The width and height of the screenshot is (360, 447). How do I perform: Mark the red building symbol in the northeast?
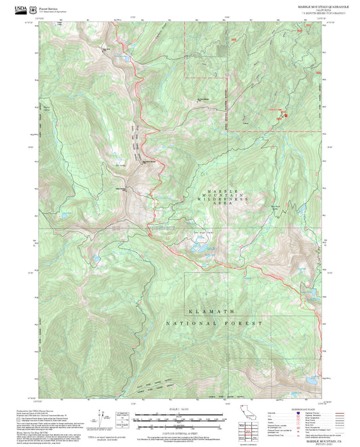285,114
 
